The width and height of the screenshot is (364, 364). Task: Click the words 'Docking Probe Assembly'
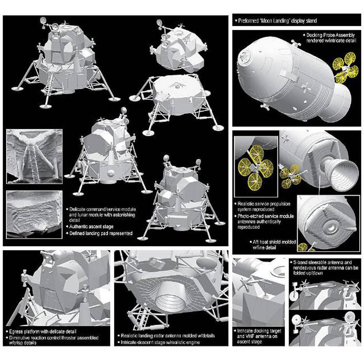tap(331, 35)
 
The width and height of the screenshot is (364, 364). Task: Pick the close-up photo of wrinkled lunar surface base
tap(34, 214)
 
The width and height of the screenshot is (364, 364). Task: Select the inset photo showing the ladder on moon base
tap(34, 157)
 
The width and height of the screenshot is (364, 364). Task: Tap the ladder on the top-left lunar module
tap(50, 86)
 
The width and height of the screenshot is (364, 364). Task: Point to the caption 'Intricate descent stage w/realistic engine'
tap(160, 343)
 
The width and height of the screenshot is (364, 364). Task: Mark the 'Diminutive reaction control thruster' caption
tap(54, 340)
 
